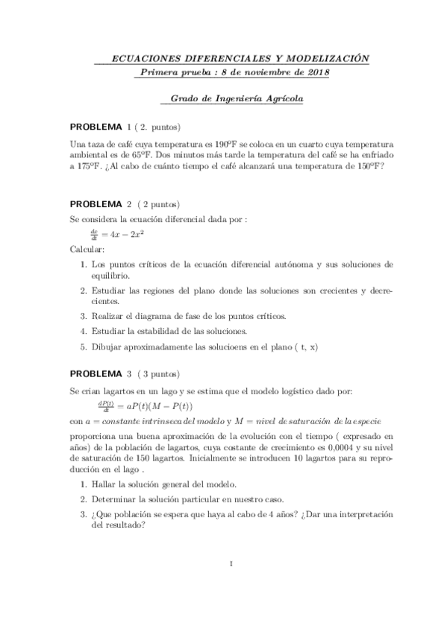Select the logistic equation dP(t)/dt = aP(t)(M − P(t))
point(145,405)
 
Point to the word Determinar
point(116,499)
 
